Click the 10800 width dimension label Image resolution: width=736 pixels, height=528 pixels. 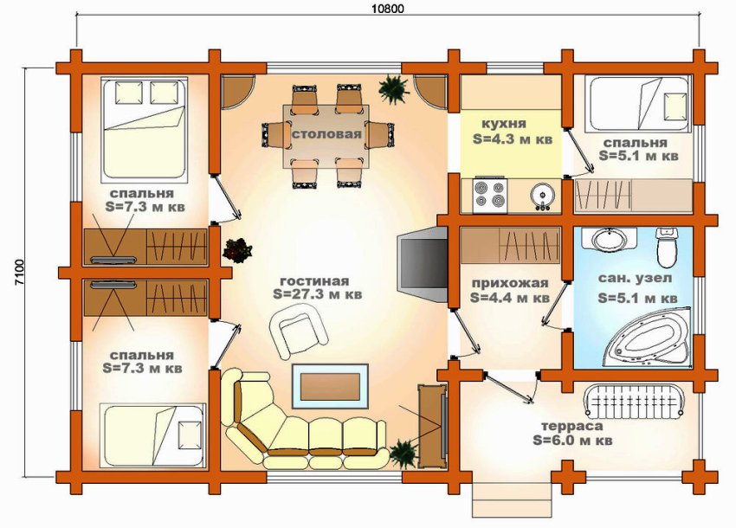[387, 9]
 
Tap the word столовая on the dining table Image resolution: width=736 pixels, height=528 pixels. [326, 135]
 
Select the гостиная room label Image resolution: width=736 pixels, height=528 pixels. [314, 281]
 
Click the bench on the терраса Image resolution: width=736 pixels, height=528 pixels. [635, 401]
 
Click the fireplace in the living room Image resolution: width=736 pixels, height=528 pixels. [417, 265]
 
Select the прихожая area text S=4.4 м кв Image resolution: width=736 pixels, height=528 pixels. [510, 297]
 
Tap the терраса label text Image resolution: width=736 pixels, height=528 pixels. [572, 426]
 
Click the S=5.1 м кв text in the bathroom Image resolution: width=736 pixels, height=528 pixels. [637, 298]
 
